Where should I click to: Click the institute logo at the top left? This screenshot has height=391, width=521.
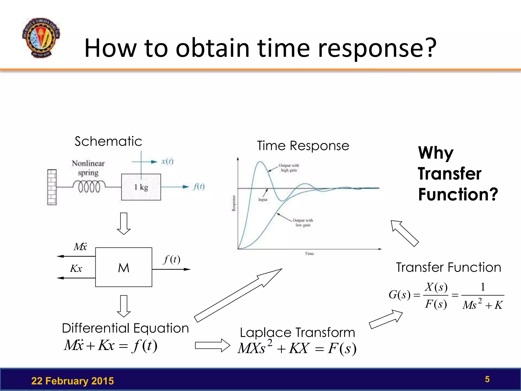[x=41, y=38]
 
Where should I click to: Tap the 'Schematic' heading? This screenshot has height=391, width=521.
[x=108, y=141]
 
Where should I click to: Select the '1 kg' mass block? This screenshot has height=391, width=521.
[x=141, y=187]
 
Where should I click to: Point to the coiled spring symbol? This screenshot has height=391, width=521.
[x=89, y=187]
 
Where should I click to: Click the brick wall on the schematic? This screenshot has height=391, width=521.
[x=52, y=187]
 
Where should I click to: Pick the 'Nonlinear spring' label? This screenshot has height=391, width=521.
[x=88, y=168]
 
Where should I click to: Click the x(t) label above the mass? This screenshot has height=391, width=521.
[x=167, y=161]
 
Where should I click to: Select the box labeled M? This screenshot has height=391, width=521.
[x=124, y=267]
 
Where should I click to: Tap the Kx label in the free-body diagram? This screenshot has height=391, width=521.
[x=76, y=269]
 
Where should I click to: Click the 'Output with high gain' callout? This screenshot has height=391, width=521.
[x=289, y=168]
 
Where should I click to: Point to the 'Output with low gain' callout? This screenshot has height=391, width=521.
[x=303, y=222]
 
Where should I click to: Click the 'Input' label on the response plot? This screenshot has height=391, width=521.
[x=263, y=200]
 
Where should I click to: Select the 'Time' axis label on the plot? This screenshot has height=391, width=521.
[x=309, y=254]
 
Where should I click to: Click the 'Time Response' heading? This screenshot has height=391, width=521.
[x=303, y=146]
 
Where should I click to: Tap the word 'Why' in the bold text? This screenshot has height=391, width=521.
[x=436, y=153]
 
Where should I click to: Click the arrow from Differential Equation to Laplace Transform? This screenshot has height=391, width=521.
[x=212, y=345]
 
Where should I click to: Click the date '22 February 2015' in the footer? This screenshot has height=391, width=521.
[x=73, y=381]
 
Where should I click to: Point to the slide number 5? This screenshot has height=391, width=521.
[x=487, y=379]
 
